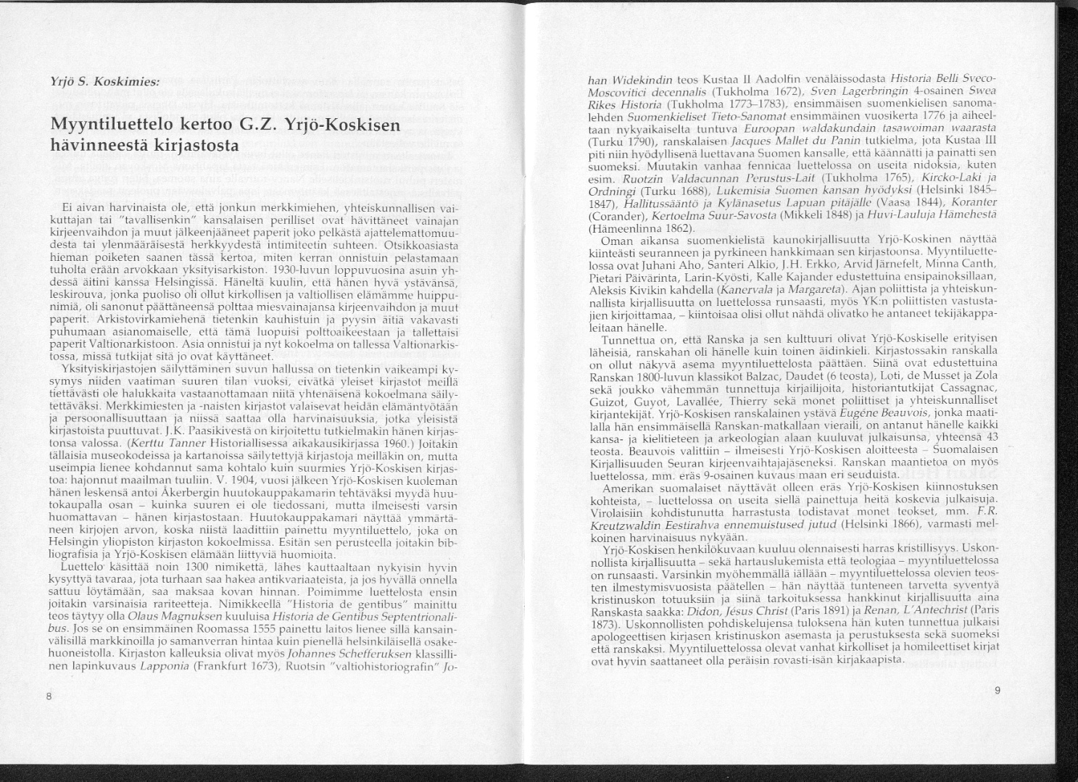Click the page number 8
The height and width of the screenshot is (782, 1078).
[x=48, y=696]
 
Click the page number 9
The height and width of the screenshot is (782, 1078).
[x=997, y=691]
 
